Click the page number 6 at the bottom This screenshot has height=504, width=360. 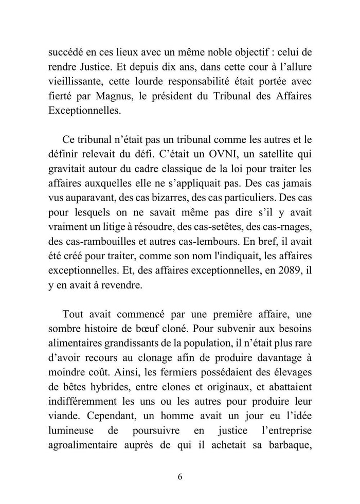[179, 476]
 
